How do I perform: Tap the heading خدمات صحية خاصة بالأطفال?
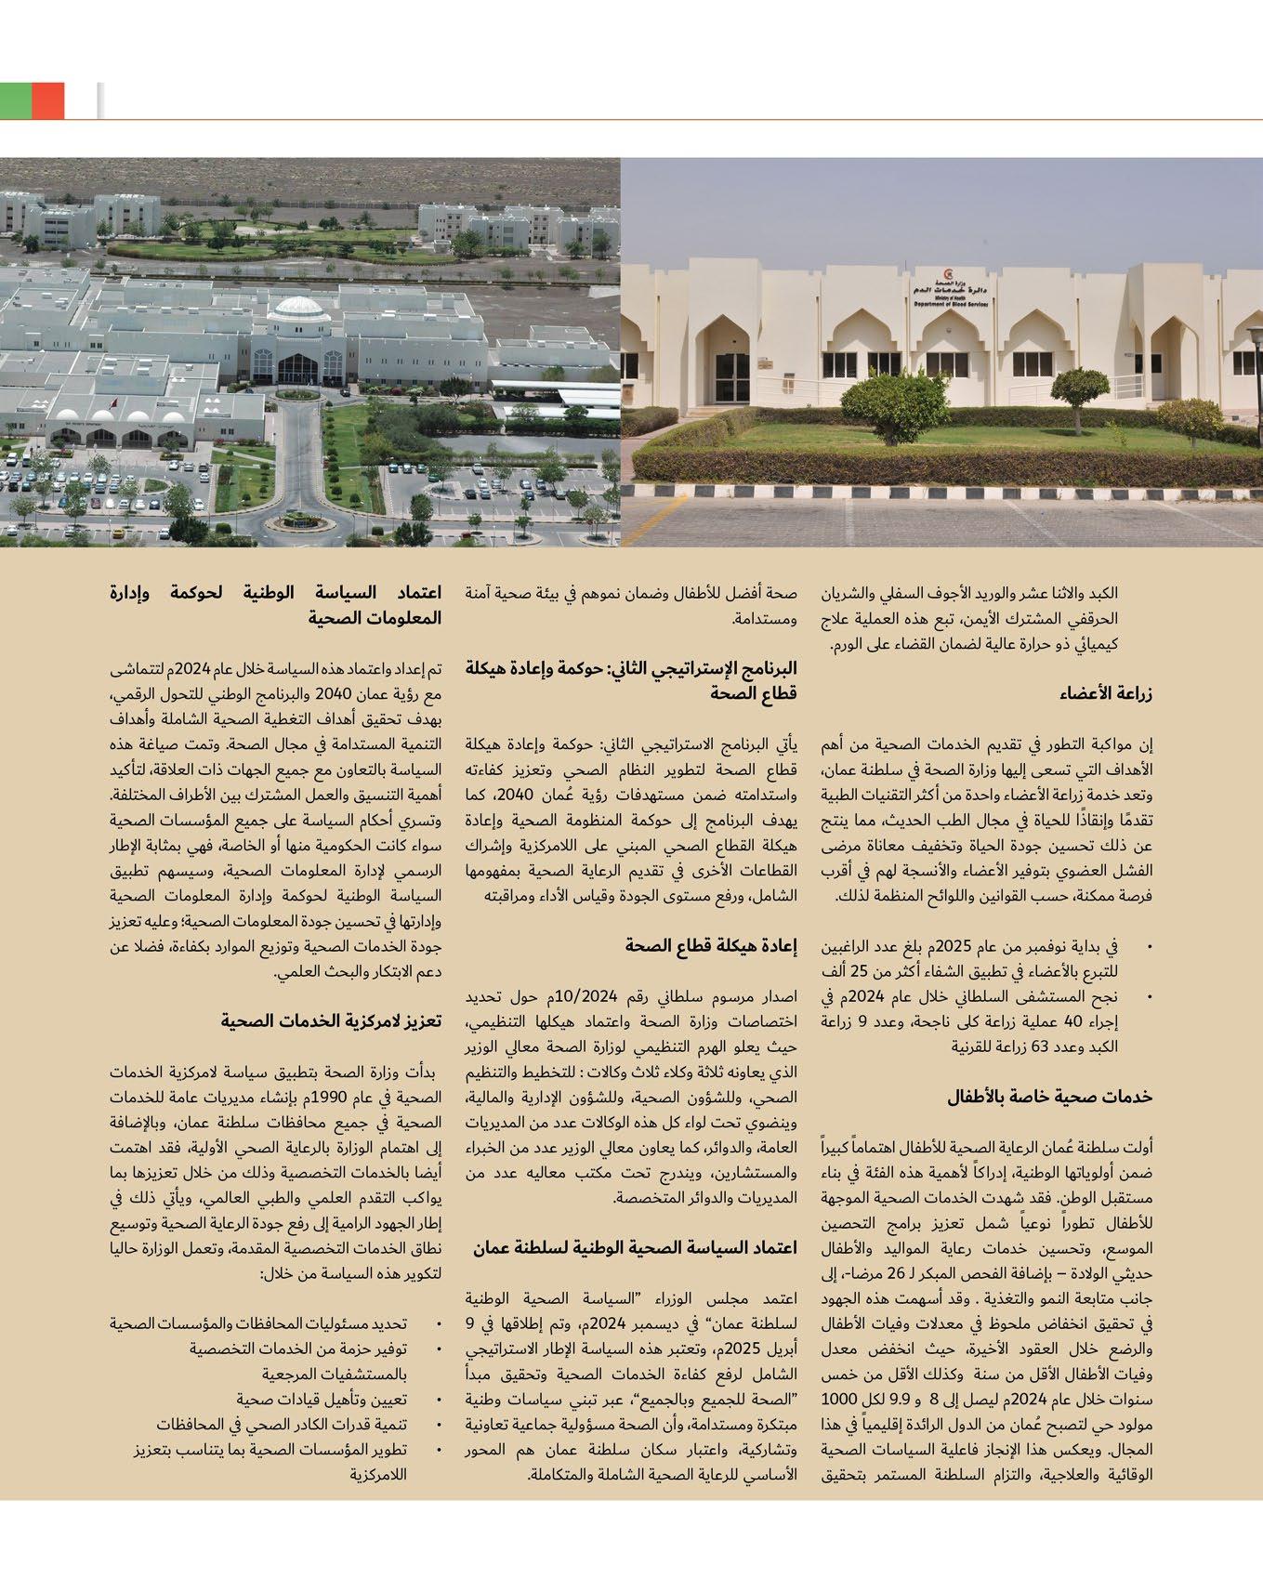[1050, 1097]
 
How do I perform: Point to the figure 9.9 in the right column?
[904, 1399]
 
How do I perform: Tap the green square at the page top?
[16, 100]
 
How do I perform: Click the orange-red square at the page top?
[47, 100]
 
